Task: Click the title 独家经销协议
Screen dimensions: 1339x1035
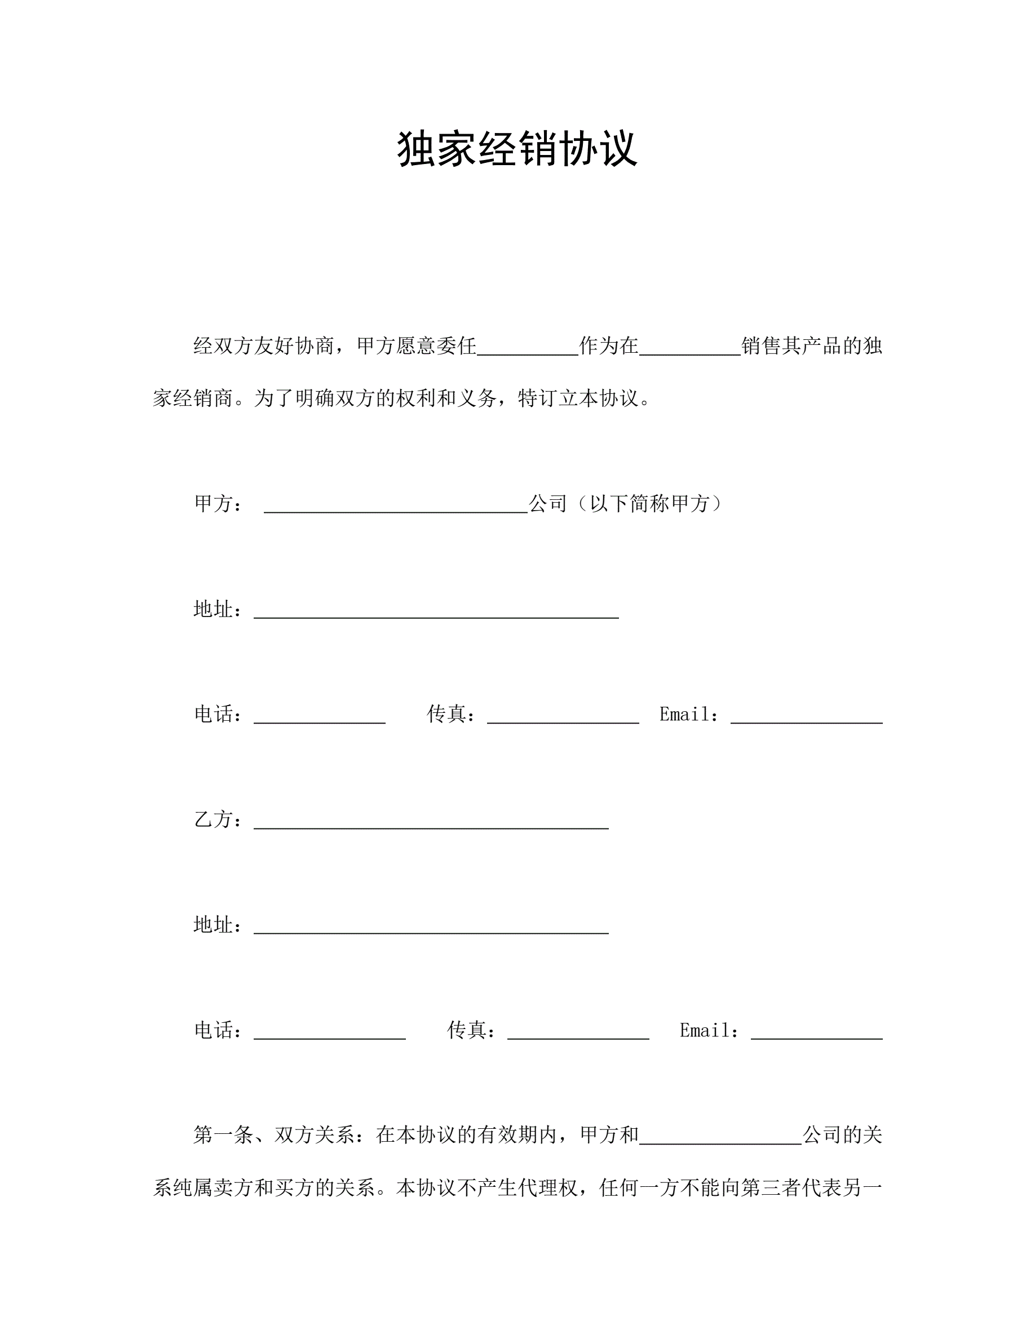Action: coord(517,149)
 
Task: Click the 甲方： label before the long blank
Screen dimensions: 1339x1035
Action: coord(218,504)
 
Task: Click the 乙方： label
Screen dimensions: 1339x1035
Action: coord(218,820)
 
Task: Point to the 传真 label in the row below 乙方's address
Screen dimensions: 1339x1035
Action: coord(471,1031)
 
